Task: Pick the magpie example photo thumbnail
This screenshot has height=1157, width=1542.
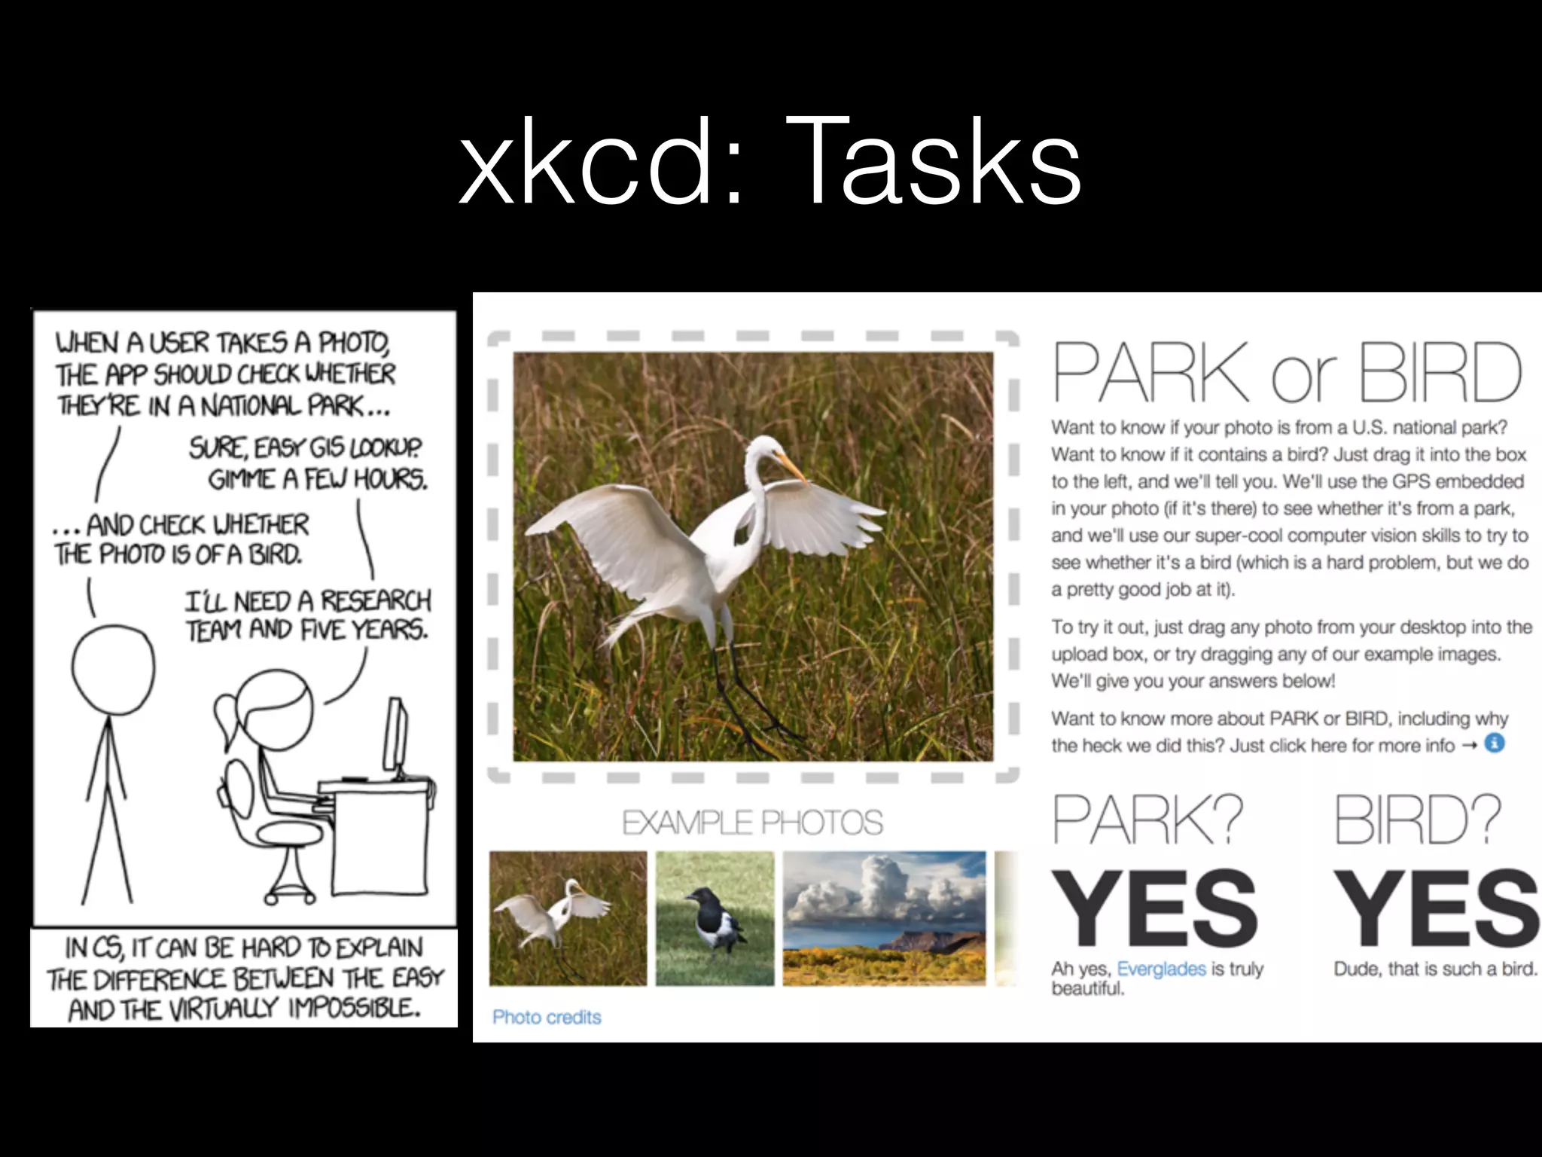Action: tap(715, 917)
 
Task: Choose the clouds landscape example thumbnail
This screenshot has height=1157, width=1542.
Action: tap(884, 917)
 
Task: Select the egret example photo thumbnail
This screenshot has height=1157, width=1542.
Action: tap(568, 917)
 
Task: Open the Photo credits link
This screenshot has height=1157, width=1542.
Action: tap(547, 1017)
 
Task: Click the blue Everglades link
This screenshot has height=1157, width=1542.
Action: tap(1161, 969)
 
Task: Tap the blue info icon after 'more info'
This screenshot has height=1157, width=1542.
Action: tap(1495, 744)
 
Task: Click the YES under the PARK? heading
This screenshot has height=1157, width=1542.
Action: tap(1153, 908)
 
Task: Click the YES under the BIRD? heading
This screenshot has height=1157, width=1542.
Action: tap(1435, 908)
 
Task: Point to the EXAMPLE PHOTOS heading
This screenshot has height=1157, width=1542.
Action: tap(752, 823)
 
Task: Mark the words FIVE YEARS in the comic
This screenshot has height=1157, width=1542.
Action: tap(364, 629)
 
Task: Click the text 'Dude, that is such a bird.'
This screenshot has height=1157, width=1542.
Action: tap(1435, 969)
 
